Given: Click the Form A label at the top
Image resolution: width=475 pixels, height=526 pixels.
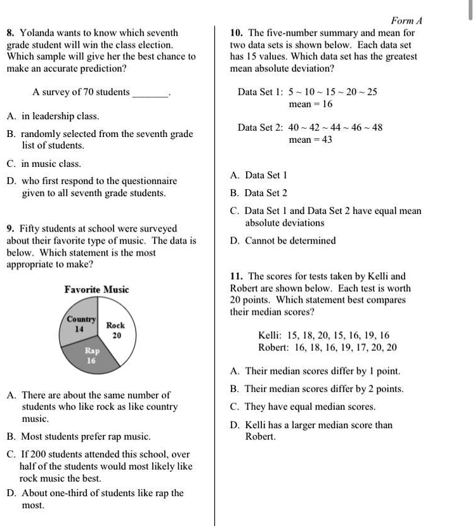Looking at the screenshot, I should click(407, 20).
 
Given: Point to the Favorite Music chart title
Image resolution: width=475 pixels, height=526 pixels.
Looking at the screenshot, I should click(96, 289).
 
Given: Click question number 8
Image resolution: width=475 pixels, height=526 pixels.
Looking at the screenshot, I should click(11, 32).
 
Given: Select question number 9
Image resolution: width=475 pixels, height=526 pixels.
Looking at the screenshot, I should click(10, 228).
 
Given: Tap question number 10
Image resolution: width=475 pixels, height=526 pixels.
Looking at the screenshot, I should click(237, 32).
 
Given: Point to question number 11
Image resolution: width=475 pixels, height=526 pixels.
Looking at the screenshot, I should click(237, 277).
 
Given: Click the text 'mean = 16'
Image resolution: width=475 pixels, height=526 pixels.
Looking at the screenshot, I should click(310, 104).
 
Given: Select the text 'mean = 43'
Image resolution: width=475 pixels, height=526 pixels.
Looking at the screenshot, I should click(310, 140).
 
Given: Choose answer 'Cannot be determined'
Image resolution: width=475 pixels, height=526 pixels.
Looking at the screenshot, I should click(290, 240).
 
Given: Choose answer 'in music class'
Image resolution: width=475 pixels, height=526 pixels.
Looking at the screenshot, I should click(51, 164).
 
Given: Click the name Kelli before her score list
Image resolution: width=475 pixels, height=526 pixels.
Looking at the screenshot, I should click(270, 335).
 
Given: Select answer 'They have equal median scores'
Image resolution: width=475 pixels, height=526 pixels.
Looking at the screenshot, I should click(310, 407).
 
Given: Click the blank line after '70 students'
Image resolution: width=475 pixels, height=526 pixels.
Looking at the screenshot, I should click(150, 93).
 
